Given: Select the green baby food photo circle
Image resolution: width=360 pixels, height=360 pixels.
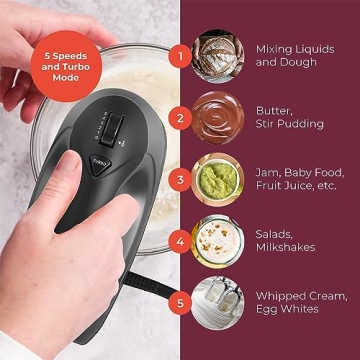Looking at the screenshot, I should point(219,179).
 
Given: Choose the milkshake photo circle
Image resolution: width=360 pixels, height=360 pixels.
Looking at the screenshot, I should point(219,241).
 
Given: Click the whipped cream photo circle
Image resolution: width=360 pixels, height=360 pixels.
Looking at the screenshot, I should point(219,303).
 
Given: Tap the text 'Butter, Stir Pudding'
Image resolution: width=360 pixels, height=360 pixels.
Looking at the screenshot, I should point(290,117).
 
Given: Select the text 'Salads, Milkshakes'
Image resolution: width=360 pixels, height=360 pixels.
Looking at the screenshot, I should point(286,241).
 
